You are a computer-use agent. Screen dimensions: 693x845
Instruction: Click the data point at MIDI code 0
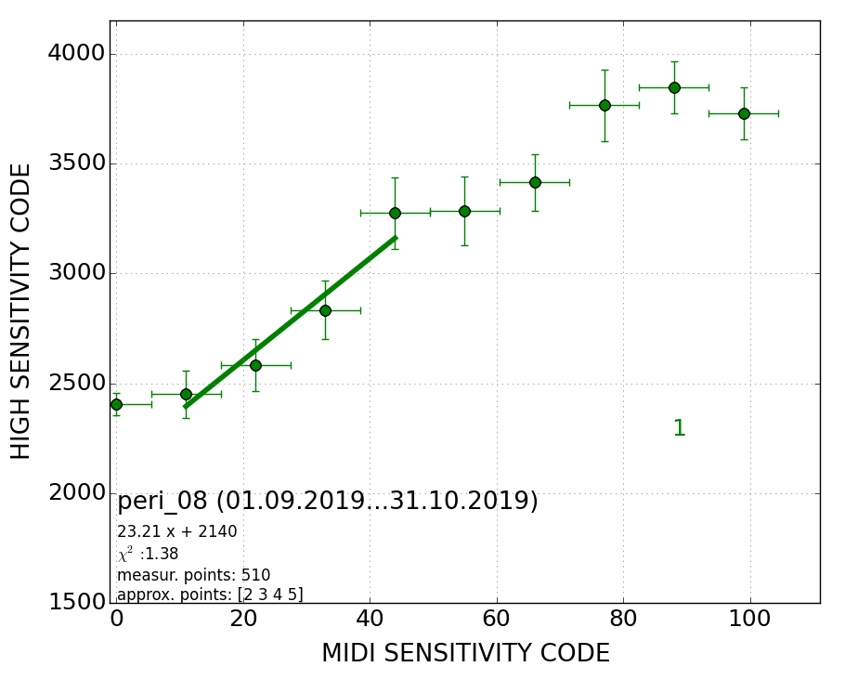coord(116,404)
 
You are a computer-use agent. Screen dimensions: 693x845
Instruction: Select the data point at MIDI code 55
coord(464,211)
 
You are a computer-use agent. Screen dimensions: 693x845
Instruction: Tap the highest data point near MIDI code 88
coord(674,87)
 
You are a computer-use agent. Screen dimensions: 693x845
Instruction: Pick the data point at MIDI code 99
coord(744,113)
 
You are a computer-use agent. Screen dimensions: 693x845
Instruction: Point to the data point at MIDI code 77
coord(604,105)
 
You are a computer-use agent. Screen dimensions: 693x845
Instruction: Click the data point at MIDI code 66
coord(535,182)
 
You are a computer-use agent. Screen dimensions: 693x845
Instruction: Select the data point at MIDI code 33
coord(325,310)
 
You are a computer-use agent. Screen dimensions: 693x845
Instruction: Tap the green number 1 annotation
coord(679,428)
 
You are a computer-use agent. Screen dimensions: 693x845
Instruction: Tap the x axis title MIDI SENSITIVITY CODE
coord(465,654)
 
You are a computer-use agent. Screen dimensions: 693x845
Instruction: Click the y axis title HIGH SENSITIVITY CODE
coord(21,311)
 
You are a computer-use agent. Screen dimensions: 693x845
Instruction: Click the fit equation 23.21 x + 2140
coord(176,532)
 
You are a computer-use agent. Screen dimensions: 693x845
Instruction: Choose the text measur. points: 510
coord(193,575)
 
